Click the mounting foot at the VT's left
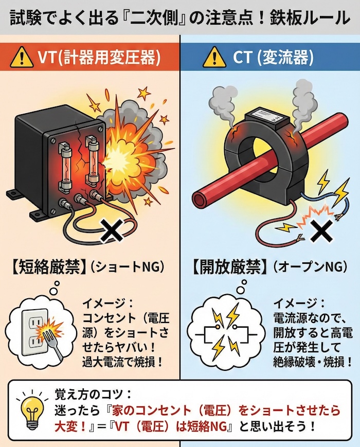click(x=13, y=193)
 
